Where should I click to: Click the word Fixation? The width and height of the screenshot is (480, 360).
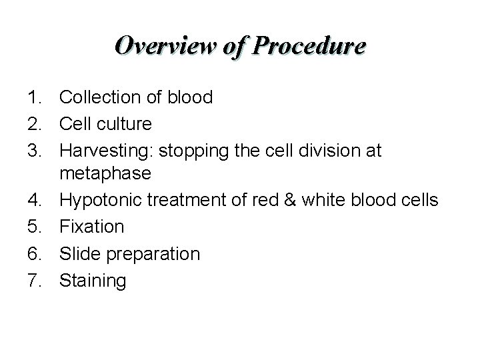(92, 227)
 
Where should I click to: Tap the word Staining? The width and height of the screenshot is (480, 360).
(93, 281)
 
